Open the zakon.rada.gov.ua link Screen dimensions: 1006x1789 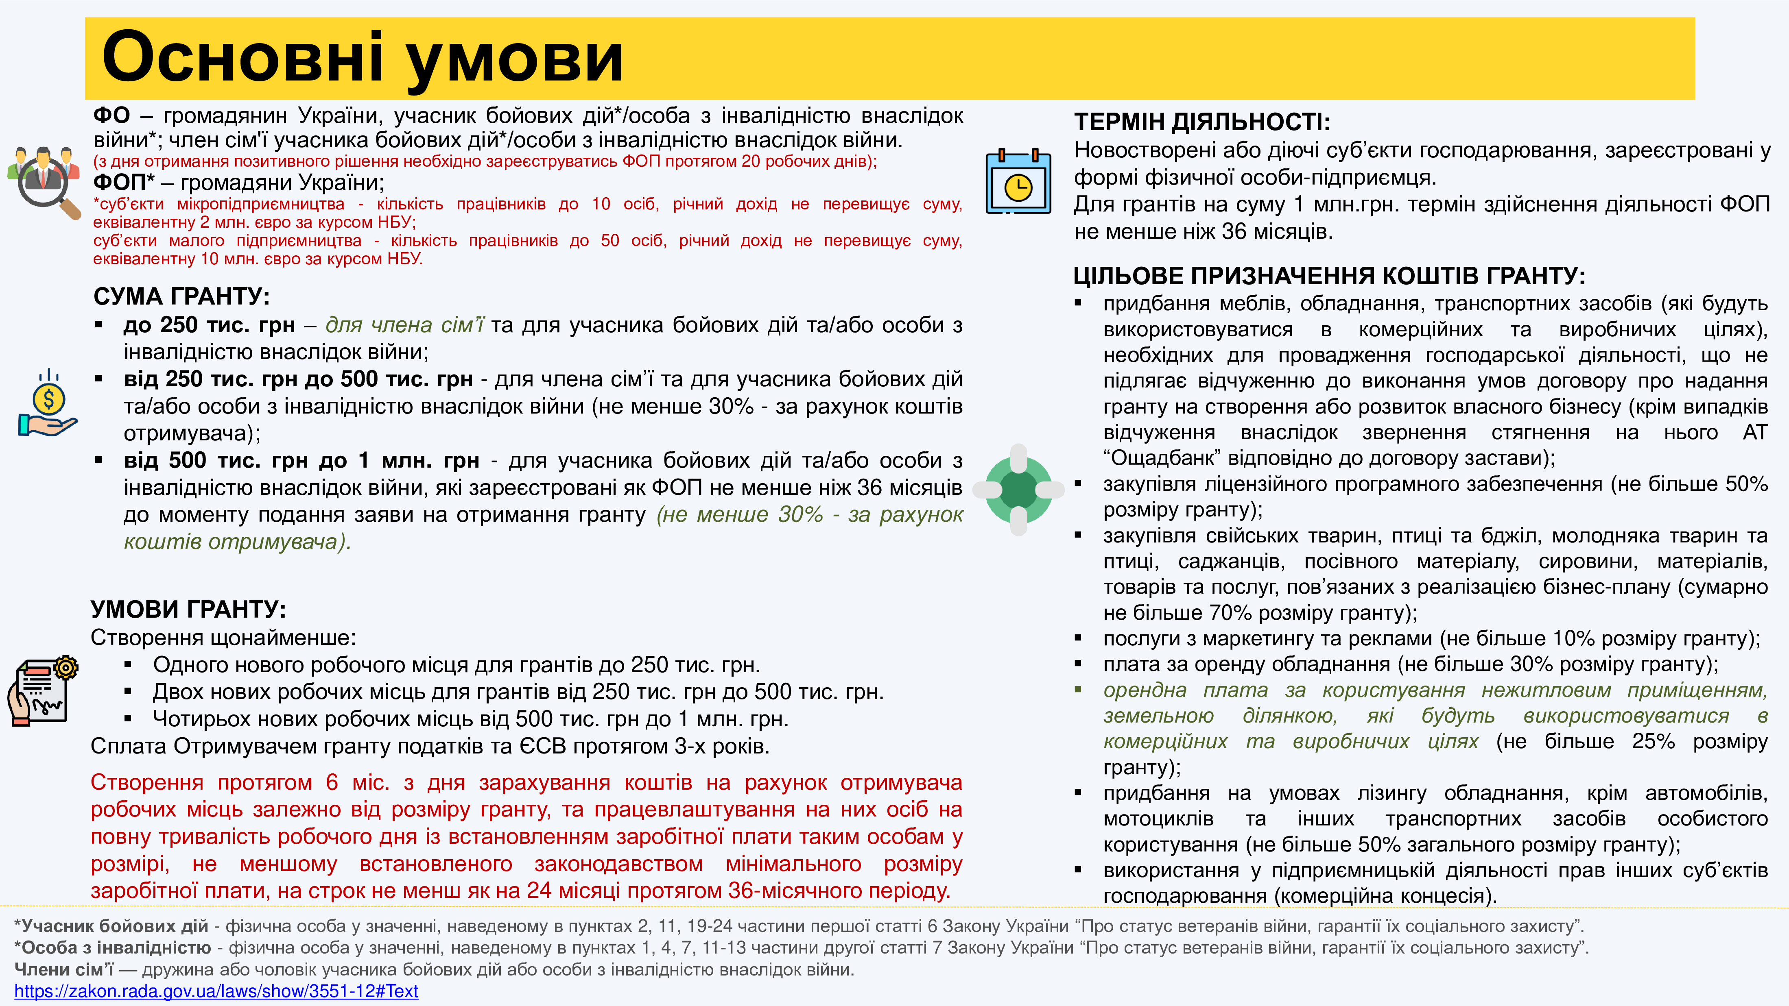click(x=216, y=991)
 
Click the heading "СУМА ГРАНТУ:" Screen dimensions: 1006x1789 click(x=181, y=296)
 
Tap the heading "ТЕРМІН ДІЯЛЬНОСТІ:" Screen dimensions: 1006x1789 click(x=1201, y=122)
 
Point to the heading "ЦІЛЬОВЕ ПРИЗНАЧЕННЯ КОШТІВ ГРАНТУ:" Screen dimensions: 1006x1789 click(x=1328, y=277)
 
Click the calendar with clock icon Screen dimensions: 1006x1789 click(x=1018, y=182)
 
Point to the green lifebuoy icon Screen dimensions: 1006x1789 click(x=1018, y=490)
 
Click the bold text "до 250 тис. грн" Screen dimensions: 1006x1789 click(x=209, y=325)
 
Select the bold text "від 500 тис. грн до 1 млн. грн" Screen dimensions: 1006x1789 click(x=301, y=460)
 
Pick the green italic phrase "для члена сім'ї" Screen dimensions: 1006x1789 click(x=404, y=325)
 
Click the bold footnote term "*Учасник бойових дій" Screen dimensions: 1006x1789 click(x=111, y=926)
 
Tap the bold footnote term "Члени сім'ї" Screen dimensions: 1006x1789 click(x=64, y=969)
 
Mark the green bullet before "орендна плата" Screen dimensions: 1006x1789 click(x=1079, y=690)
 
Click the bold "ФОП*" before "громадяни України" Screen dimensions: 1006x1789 click(x=124, y=183)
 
